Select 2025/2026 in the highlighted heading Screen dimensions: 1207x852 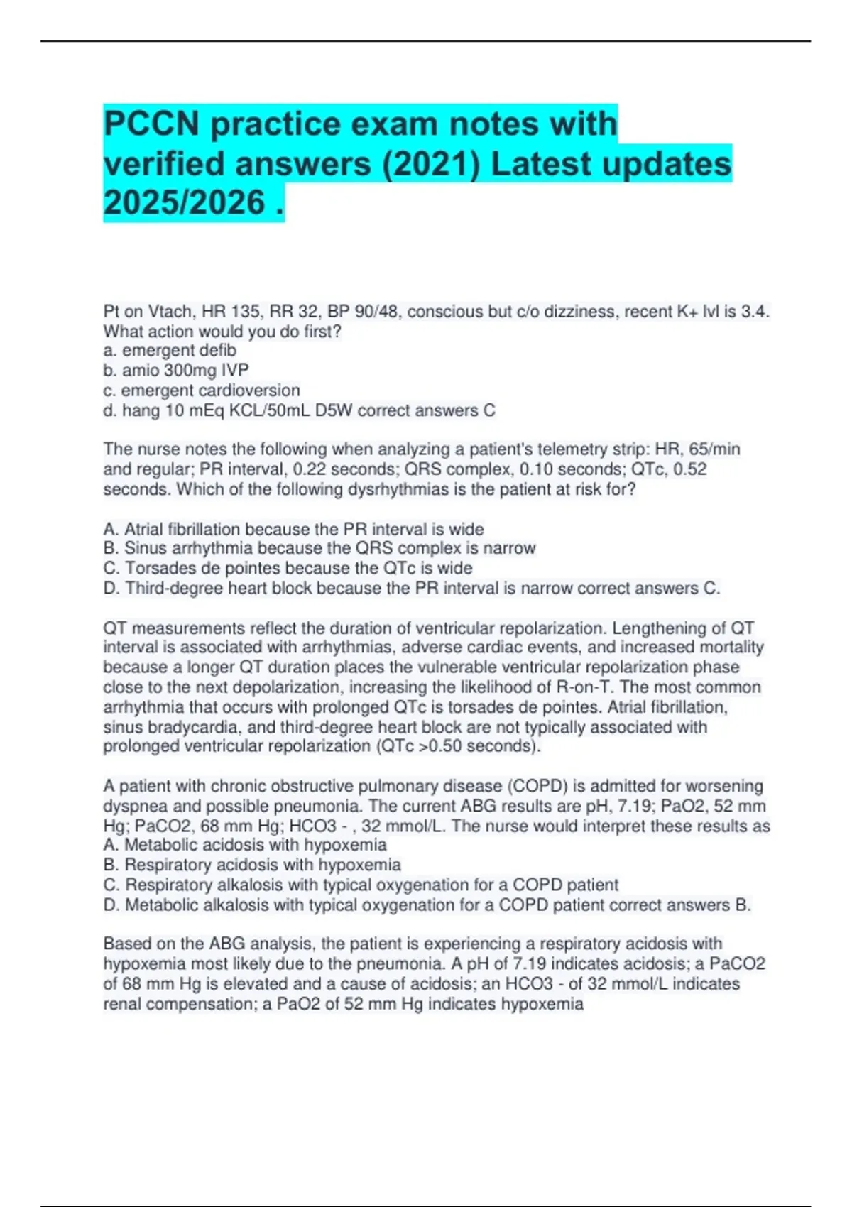pos(184,203)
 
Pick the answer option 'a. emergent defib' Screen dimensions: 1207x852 pos(170,351)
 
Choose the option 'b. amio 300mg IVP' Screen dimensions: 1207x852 pos(176,371)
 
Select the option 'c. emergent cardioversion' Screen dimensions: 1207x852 pos(202,390)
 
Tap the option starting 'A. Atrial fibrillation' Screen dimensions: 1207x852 pos(293,529)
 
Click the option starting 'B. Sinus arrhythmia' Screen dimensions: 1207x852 pos(319,548)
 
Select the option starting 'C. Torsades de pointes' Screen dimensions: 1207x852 pos(288,568)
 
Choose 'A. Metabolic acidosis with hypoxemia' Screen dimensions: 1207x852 pos(245,845)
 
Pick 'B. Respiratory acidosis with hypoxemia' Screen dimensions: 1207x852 pos(252,865)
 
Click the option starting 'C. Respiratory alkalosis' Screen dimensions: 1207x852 pos(361,885)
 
